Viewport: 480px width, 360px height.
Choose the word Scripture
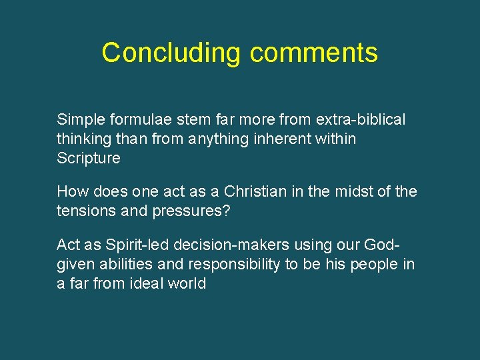(89, 159)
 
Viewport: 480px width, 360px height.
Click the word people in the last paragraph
(374, 265)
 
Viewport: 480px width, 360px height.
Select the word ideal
(145, 284)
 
